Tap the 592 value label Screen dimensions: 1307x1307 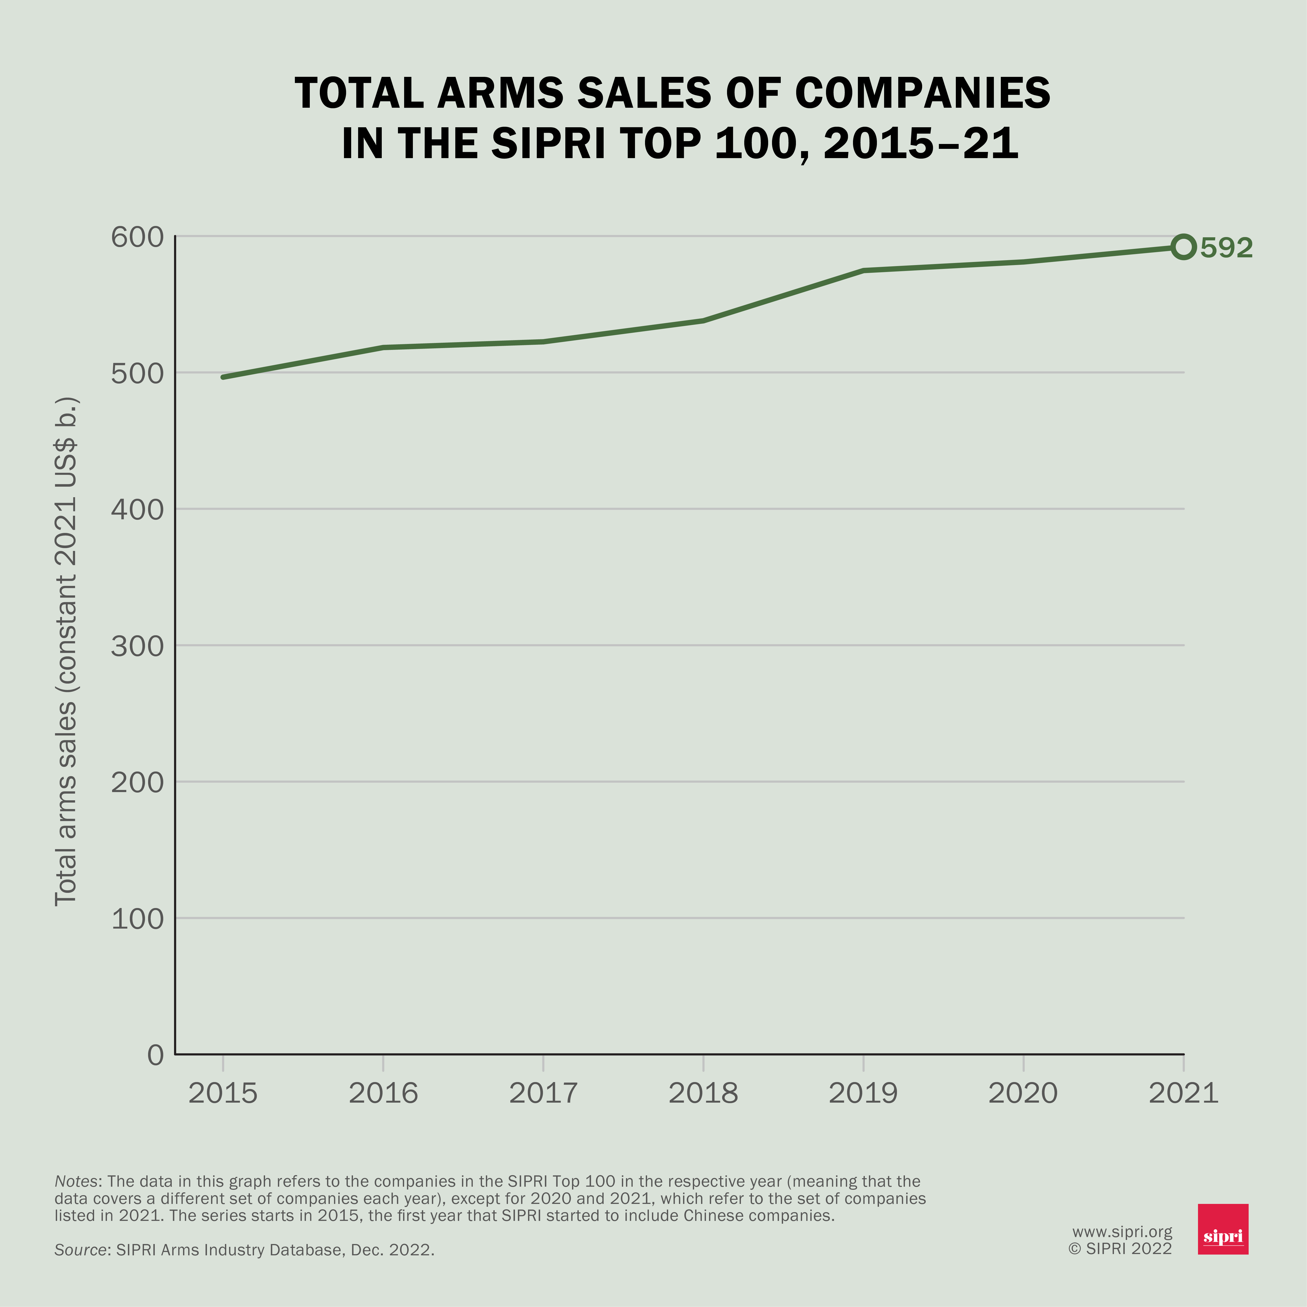1227,248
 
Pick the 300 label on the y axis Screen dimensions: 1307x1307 137,646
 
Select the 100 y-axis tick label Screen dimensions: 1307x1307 137,919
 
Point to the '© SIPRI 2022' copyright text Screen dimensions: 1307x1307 1120,1249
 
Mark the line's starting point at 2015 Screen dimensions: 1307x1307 223,377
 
